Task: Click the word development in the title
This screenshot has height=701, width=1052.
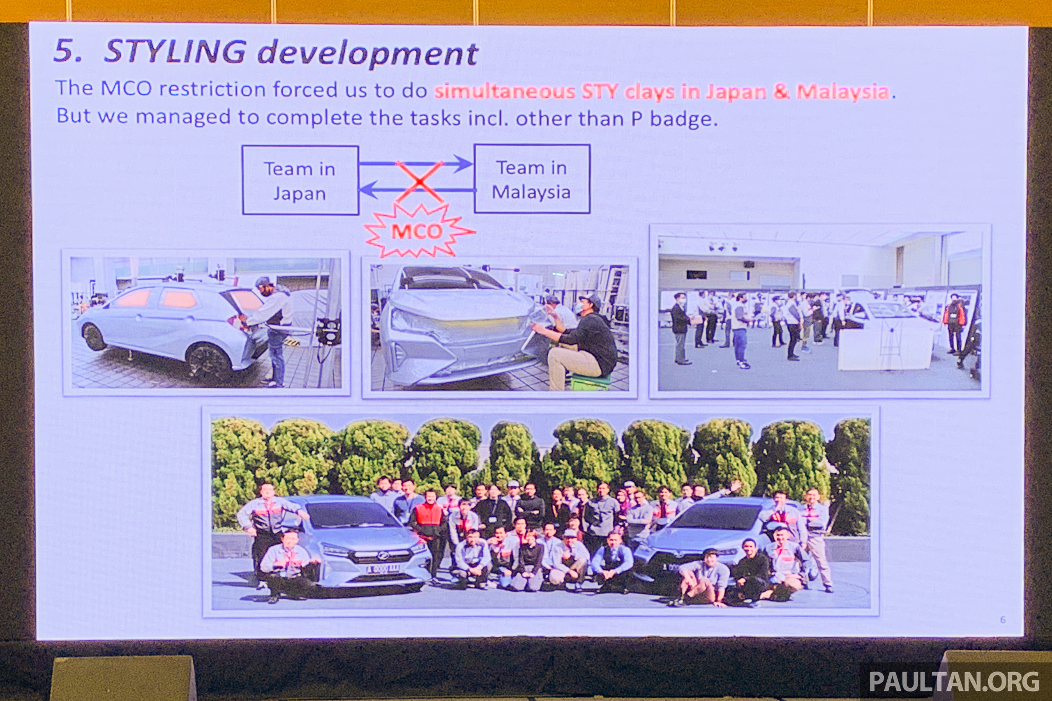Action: (x=368, y=54)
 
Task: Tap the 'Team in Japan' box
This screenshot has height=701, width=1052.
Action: (x=300, y=180)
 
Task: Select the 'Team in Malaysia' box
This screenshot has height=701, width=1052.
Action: (x=532, y=179)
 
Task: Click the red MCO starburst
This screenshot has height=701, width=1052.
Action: (x=418, y=231)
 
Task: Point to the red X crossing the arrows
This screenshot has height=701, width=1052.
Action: (x=420, y=182)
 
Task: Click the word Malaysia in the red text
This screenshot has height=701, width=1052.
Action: (x=843, y=92)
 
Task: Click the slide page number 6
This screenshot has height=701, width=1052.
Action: (x=1003, y=620)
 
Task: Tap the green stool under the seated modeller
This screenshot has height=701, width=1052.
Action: (x=590, y=382)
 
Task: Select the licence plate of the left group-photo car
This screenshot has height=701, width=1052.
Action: (x=383, y=569)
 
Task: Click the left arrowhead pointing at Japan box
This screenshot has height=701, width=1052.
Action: (x=369, y=190)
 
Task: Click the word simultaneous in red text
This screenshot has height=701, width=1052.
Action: (x=505, y=91)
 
